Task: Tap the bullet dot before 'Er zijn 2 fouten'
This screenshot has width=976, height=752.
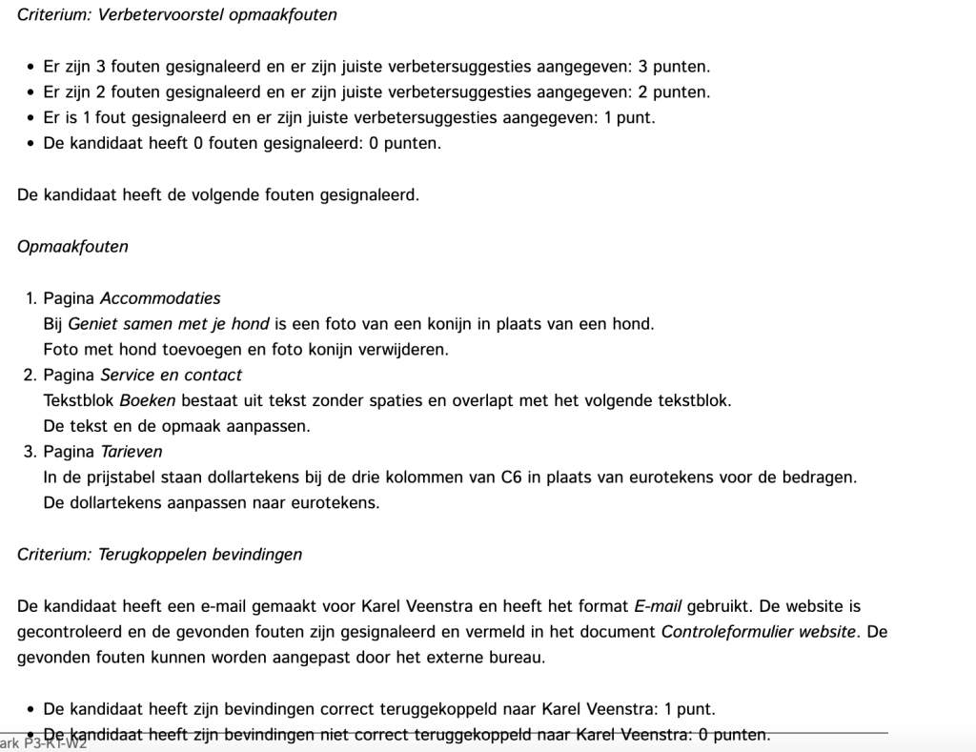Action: click(x=31, y=92)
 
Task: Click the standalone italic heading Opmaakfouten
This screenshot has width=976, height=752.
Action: click(x=72, y=247)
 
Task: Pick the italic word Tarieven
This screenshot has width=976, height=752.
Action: click(x=132, y=452)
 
